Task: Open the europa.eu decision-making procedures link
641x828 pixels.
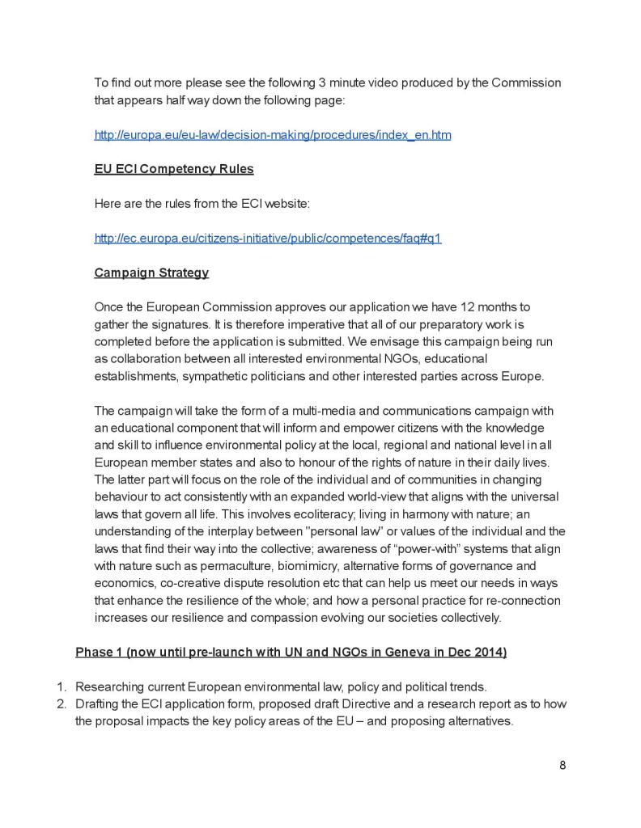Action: [x=273, y=135]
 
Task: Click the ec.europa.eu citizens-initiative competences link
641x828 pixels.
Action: [x=268, y=239]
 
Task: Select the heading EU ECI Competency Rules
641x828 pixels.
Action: [x=174, y=169]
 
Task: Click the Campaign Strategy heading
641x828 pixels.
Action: [x=151, y=272]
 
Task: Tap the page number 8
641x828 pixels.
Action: [x=562, y=765]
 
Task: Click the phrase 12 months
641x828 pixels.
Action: [x=487, y=307]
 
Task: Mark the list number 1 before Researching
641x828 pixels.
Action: [x=61, y=687]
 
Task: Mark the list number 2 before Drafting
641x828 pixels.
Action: [x=61, y=703]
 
